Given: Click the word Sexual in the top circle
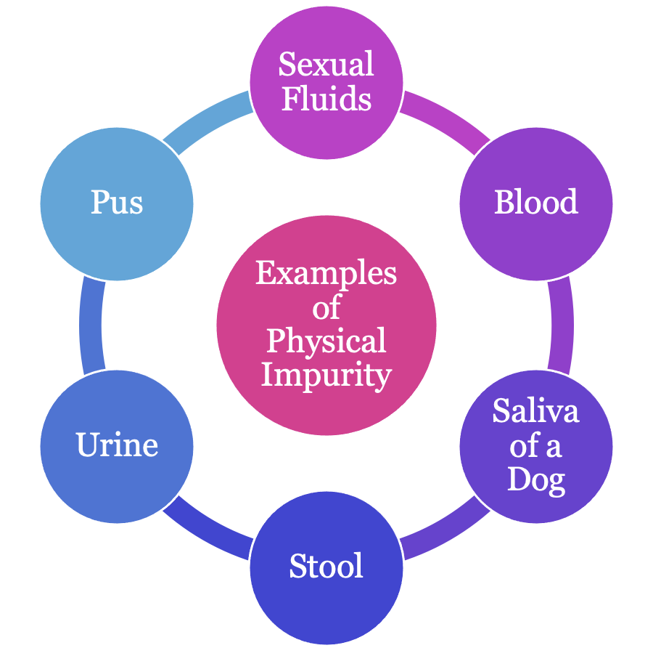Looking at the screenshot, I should (326, 64).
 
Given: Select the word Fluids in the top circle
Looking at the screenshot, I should (326, 98).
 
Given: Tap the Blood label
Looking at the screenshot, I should (536, 202).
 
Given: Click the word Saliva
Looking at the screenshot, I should (536, 411).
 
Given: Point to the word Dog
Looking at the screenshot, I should (536, 479).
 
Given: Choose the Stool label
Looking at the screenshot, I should (326, 566).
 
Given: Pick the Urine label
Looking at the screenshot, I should (117, 445).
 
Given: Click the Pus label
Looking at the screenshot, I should (117, 202).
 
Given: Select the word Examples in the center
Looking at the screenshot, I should (326, 274).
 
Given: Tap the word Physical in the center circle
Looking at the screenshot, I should (326, 341).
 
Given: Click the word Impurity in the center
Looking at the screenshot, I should (326, 376).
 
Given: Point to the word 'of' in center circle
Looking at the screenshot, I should (326, 308).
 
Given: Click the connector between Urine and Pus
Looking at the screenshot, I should (91, 325).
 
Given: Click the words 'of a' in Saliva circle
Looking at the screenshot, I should (536, 445).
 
